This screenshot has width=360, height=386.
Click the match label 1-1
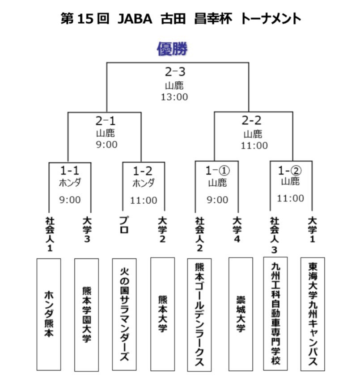(70, 170)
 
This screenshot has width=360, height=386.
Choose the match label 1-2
(144, 170)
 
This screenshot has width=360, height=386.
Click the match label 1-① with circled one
(217, 170)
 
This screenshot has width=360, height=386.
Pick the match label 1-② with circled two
(290, 170)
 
